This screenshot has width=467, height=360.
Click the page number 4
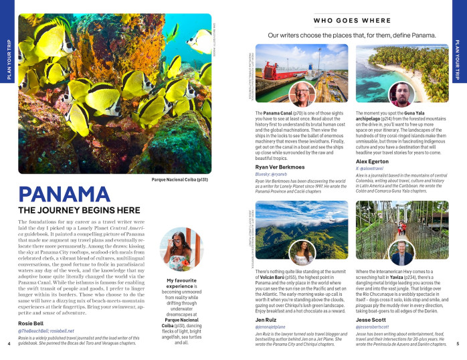click(x=8, y=344)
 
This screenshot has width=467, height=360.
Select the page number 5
click(x=458, y=344)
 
